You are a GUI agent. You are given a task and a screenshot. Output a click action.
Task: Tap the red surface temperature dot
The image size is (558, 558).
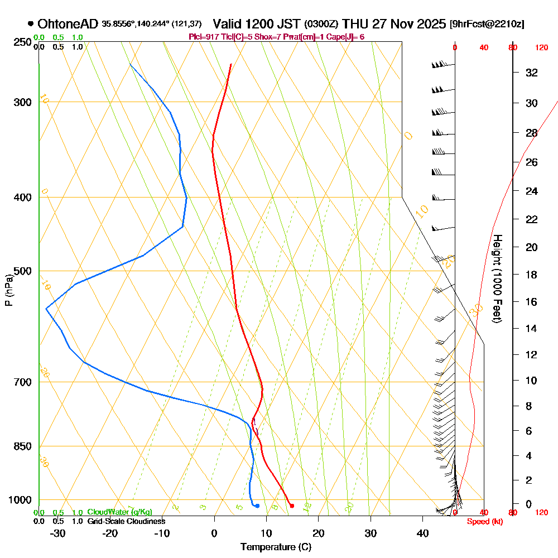click(x=292, y=506)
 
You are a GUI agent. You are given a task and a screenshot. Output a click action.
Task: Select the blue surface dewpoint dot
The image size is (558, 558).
click(x=257, y=506)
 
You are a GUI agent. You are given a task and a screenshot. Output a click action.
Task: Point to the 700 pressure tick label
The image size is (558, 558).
click(x=23, y=382)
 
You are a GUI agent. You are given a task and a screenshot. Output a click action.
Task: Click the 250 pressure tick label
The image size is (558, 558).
click(x=23, y=42)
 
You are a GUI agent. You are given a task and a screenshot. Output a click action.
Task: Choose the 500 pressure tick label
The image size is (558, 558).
click(x=23, y=271)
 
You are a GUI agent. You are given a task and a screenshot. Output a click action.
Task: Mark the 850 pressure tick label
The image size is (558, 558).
click(x=23, y=446)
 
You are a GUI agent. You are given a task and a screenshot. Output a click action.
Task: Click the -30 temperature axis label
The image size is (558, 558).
click(x=57, y=533)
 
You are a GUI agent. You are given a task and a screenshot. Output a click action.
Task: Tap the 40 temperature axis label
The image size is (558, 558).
click(x=423, y=533)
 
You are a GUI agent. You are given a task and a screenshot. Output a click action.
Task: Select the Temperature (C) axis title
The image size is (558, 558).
click(x=276, y=547)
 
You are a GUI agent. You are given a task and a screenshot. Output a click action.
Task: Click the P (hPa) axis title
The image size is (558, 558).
click(x=8, y=290)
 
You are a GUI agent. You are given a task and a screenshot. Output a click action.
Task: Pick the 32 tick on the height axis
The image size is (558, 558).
click(x=532, y=73)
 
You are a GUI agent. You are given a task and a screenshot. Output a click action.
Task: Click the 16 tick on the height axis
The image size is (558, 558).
click(x=532, y=302)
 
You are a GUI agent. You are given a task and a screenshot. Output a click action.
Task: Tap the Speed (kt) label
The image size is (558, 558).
click(x=483, y=521)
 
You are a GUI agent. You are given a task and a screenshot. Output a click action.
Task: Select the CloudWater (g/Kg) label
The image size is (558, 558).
click(x=119, y=512)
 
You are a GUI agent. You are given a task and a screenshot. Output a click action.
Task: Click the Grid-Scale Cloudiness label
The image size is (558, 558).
click(x=126, y=521)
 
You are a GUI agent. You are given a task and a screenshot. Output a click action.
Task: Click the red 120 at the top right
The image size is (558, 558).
click(x=541, y=48)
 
